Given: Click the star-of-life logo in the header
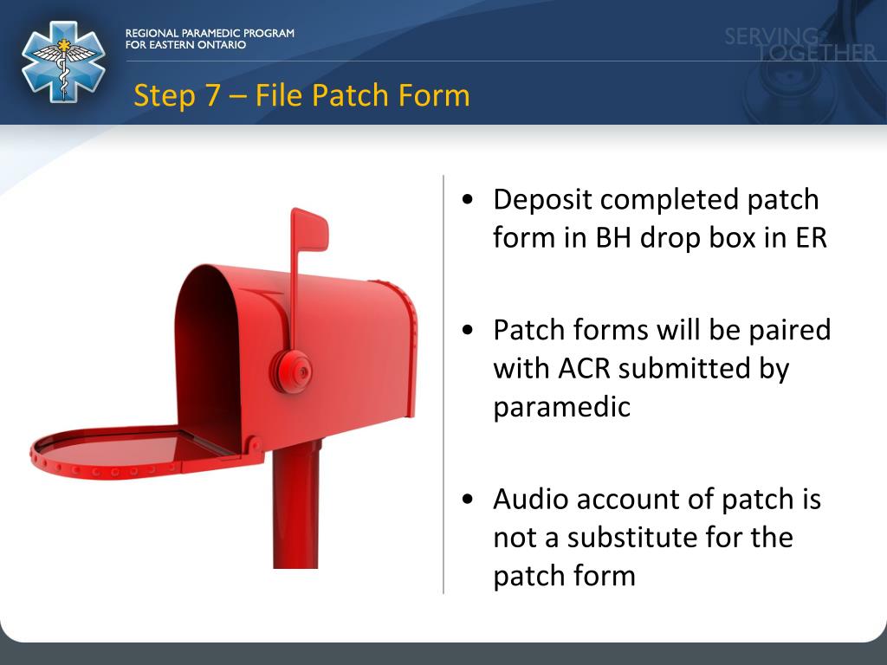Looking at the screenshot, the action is pyautogui.click(x=63, y=62).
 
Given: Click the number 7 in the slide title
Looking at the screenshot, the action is pyautogui.click(x=213, y=95).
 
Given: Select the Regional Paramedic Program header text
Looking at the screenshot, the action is pyautogui.click(x=210, y=39).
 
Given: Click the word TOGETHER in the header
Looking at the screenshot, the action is pyautogui.click(x=817, y=54).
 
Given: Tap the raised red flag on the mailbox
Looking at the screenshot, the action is pyautogui.click(x=309, y=229).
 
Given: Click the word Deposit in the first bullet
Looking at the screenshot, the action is pyautogui.click(x=541, y=200).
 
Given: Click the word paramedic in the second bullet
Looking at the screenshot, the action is pyautogui.click(x=561, y=406).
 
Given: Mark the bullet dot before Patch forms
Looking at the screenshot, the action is pyautogui.click(x=468, y=331).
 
